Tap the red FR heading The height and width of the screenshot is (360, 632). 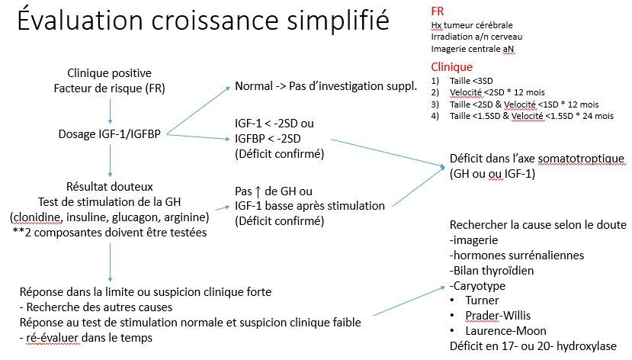pyautogui.click(x=437, y=11)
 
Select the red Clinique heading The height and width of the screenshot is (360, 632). pyautogui.click(x=451, y=67)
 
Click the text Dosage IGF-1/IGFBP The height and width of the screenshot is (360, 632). pyautogui.click(x=111, y=133)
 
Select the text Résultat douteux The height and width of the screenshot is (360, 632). pyautogui.click(x=110, y=186)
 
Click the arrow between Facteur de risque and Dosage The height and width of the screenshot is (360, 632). pyautogui.click(x=111, y=111)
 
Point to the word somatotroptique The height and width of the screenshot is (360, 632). pyautogui.click(x=582, y=159)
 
